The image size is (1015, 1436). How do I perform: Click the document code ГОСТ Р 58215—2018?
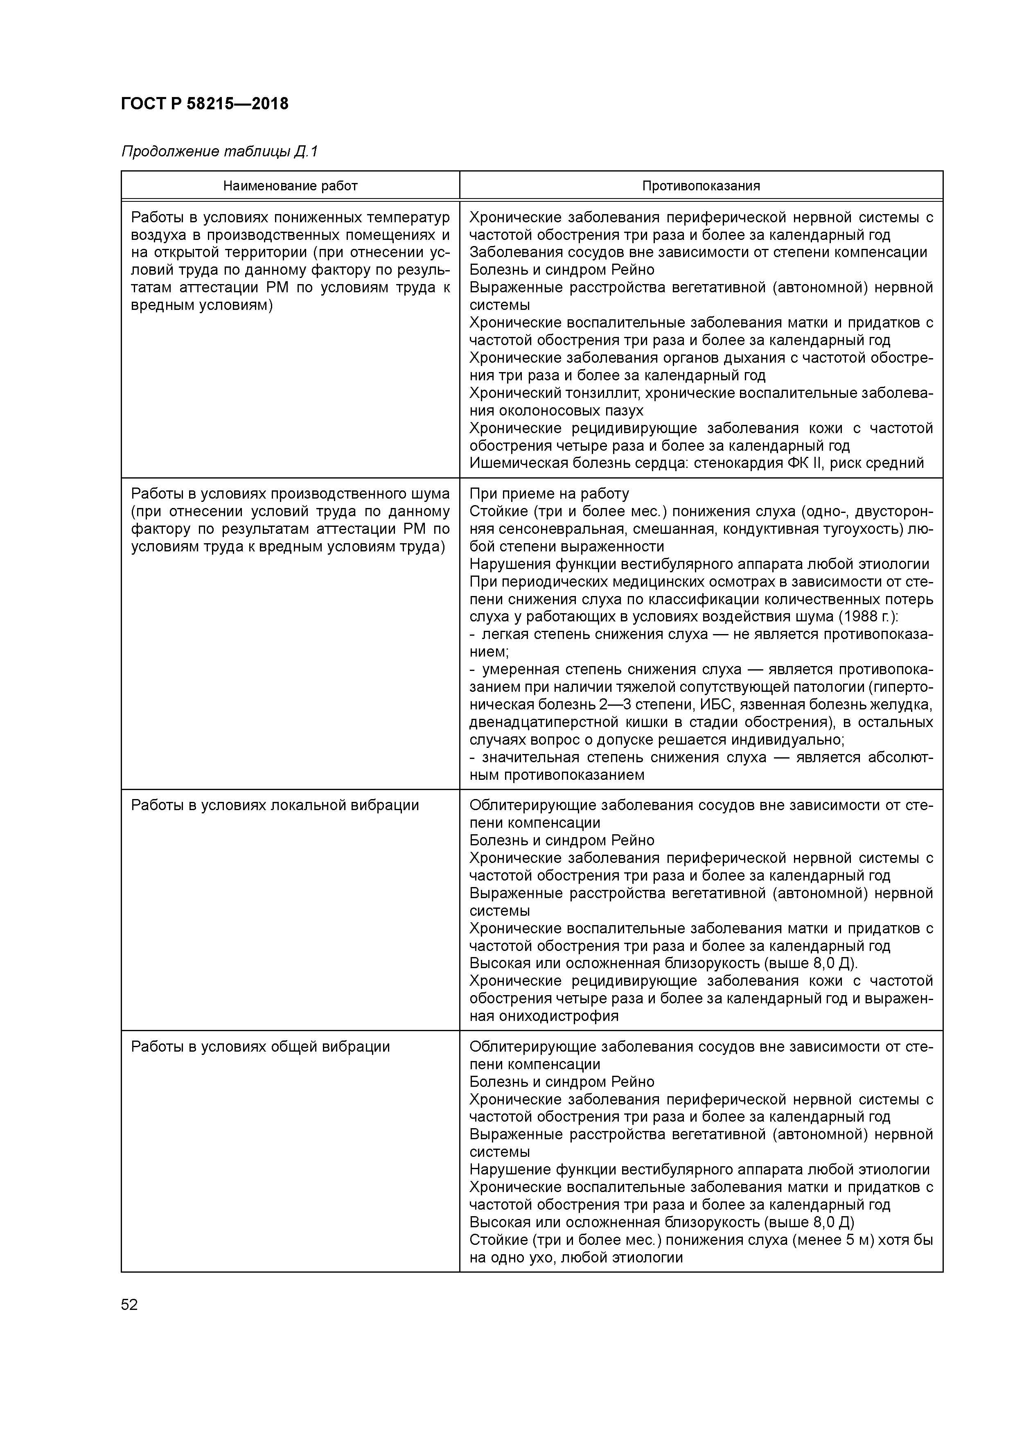[x=205, y=104]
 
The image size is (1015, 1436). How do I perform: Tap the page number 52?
[x=129, y=1305]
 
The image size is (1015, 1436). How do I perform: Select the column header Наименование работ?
[x=290, y=186]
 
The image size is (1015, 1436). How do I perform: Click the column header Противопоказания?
[x=701, y=186]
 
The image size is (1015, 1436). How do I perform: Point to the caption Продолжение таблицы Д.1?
[x=219, y=151]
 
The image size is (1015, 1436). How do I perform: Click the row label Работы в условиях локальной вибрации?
[x=275, y=805]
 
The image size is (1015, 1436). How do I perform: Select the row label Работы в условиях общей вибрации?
[x=260, y=1046]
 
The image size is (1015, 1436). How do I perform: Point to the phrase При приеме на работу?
[x=549, y=494]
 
